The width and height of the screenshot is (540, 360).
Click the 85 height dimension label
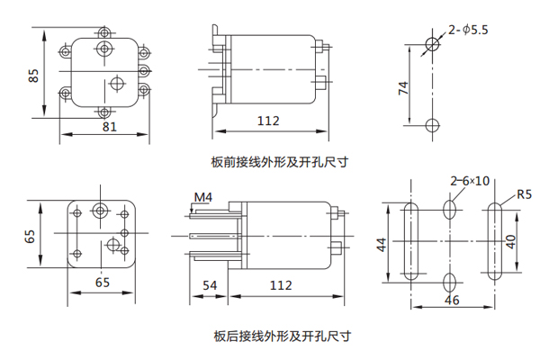coord(33,74)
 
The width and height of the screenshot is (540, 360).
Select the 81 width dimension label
coord(108,127)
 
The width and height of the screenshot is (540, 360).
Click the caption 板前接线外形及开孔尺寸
coord(279,163)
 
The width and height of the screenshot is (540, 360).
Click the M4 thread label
coord(203,196)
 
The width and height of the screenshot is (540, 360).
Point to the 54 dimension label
coord(209,285)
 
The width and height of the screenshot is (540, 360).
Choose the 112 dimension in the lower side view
coord(281,285)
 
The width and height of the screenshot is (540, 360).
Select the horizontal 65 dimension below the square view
coord(103,283)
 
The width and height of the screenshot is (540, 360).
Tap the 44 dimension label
coord(382,244)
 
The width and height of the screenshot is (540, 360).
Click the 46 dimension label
coord(452,300)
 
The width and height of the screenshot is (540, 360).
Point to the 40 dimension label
coord(511,241)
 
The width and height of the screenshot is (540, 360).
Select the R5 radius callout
coord(525,193)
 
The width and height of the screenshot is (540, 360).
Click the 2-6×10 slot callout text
coord(470,180)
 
